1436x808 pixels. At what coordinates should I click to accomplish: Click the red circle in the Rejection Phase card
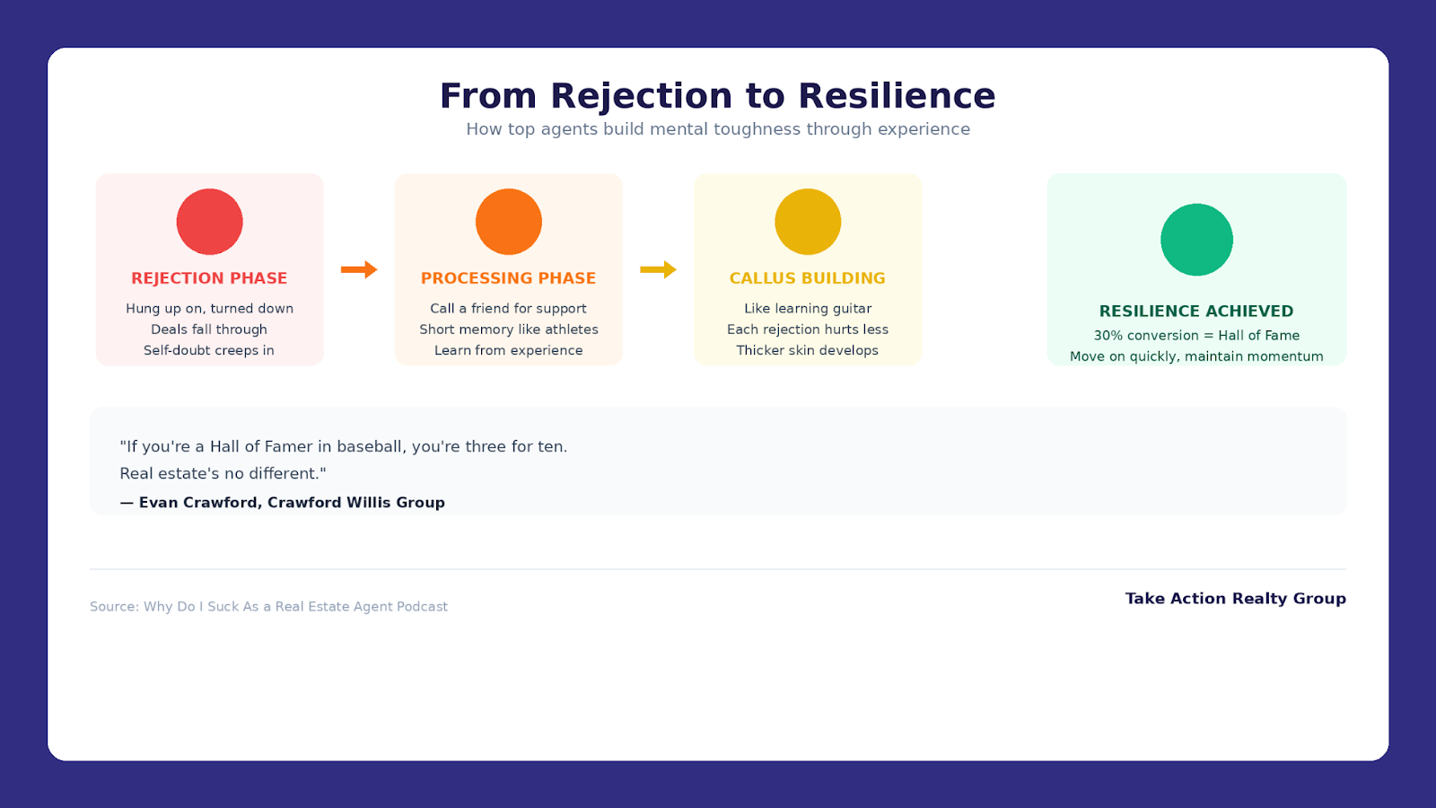(209, 222)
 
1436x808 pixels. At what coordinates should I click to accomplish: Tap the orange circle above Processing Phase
(508, 222)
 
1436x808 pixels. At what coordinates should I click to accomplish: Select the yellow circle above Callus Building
(808, 222)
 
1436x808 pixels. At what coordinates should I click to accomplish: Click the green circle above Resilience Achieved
(1196, 240)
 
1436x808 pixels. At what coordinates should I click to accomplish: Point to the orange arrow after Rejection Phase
(359, 269)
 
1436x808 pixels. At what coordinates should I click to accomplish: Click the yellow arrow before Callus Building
(658, 269)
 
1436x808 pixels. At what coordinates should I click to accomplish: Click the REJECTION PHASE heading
(209, 278)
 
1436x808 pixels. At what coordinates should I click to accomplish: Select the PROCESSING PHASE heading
(508, 278)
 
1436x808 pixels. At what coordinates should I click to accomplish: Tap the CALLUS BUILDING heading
(808, 278)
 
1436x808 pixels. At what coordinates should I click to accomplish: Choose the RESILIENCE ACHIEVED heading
(1196, 312)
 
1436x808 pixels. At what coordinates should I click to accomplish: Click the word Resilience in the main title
(897, 96)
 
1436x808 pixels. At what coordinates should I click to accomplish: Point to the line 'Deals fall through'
(209, 329)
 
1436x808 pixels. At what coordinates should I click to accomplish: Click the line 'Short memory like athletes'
(508, 329)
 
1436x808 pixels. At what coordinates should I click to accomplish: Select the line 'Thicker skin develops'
(808, 350)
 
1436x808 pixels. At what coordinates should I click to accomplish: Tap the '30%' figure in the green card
(1108, 336)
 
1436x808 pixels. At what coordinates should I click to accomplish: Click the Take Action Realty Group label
(1235, 599)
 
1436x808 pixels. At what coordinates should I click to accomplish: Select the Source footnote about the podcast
(268, 607)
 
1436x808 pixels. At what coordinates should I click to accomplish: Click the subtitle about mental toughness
(718, 129)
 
